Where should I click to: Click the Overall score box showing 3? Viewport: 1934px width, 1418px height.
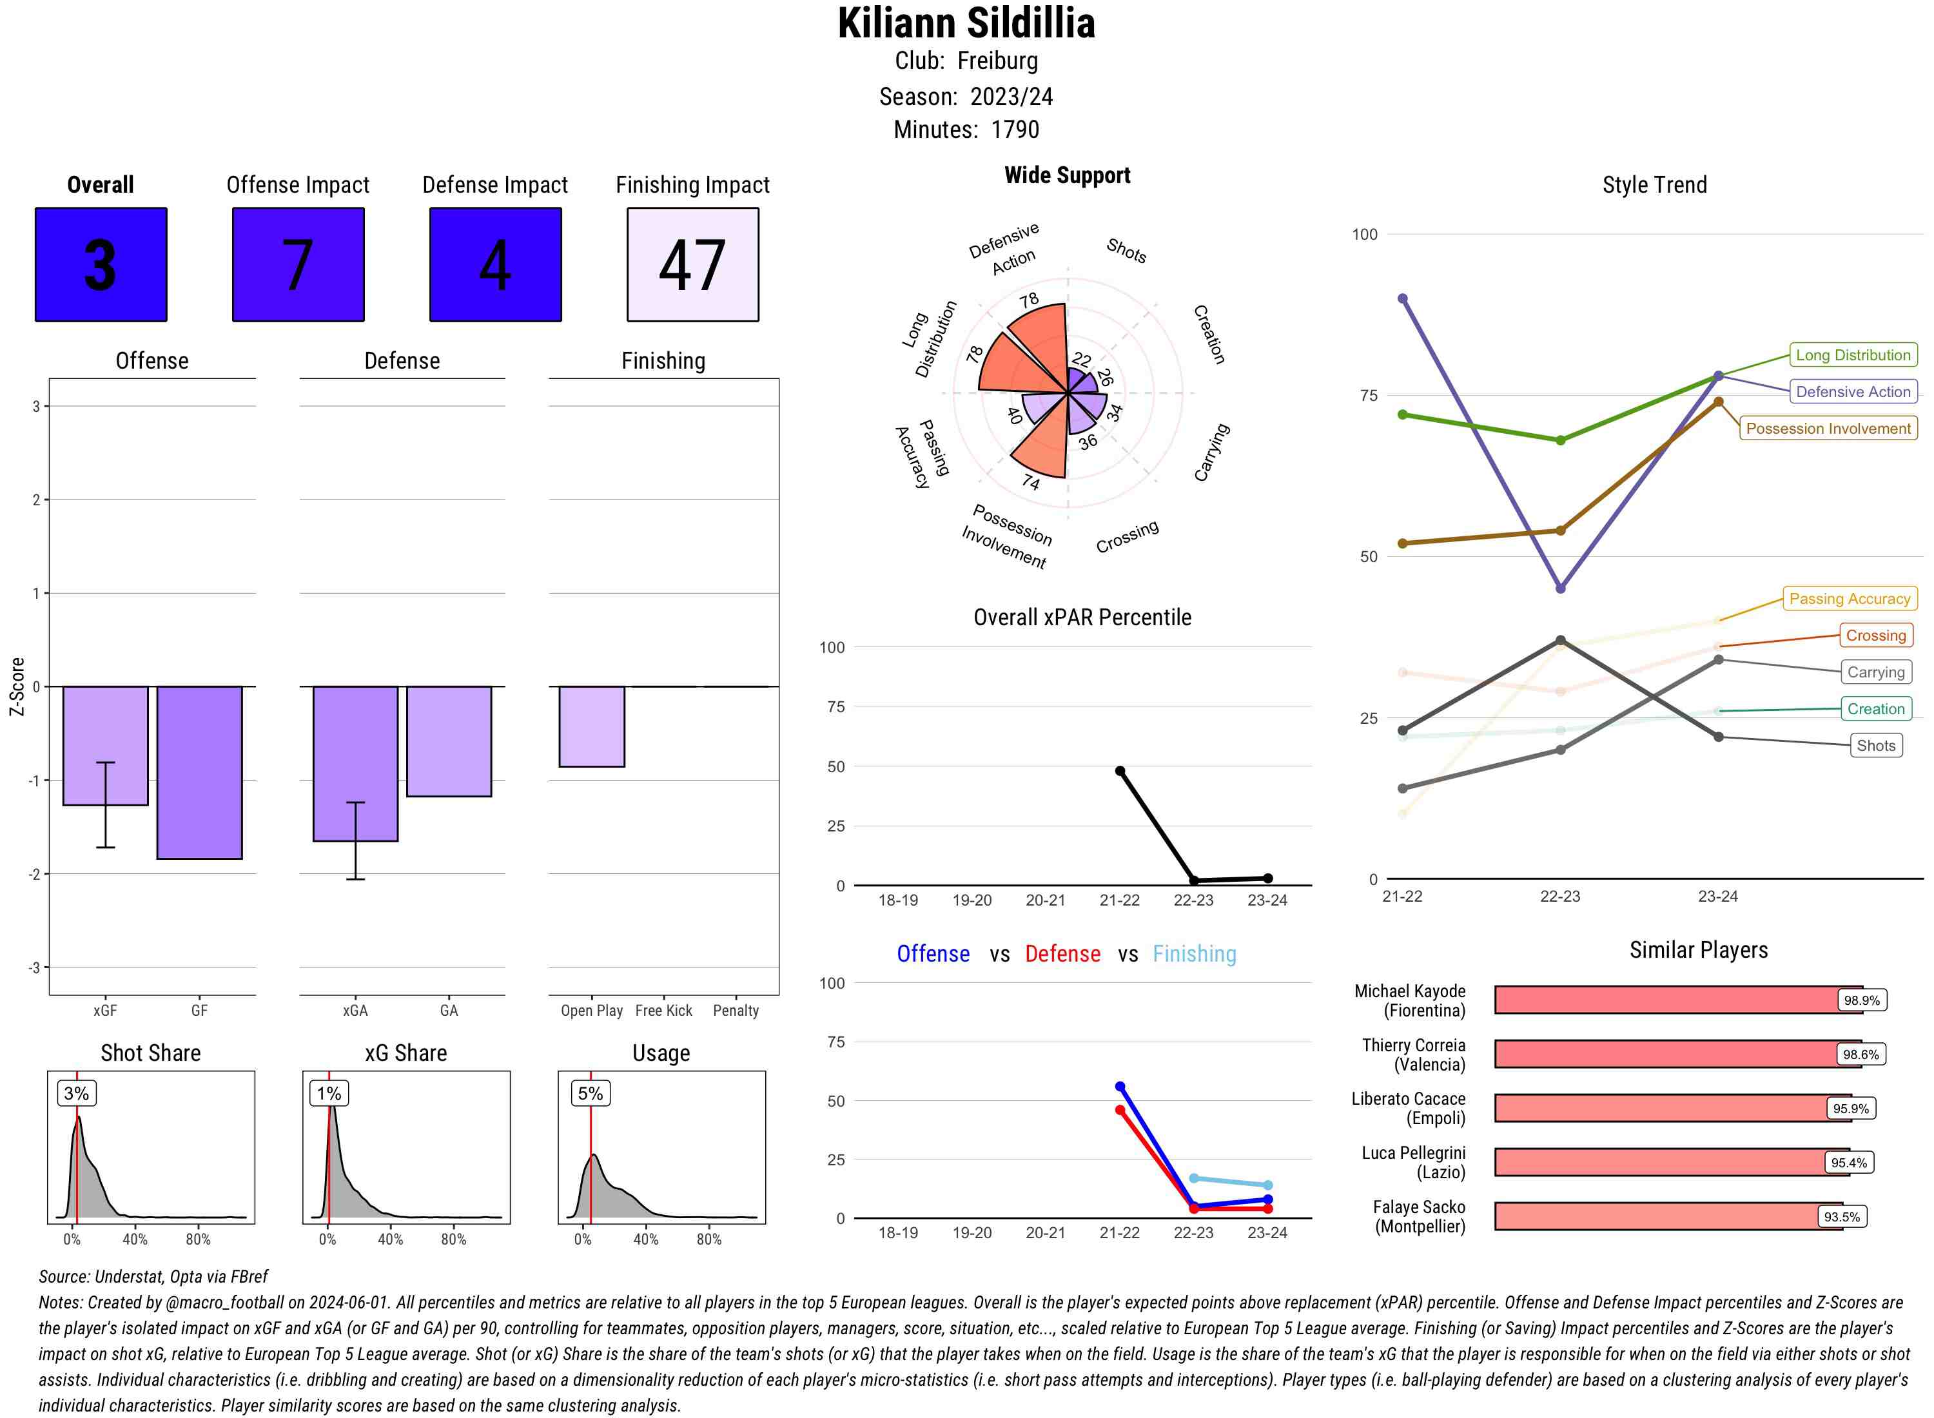point(101,264)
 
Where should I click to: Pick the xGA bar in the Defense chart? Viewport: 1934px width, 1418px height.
point(355,763)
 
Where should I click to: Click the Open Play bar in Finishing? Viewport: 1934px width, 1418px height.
point(591,726)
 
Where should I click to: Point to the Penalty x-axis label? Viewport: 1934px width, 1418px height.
point(736,1010)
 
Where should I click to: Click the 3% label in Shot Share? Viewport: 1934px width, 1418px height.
point(77,1093)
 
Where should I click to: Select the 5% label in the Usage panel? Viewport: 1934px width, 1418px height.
point(590,1093)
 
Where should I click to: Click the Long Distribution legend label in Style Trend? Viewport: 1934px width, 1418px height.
point(1853,354)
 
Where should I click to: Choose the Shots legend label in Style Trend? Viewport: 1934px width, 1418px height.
point(1875,745)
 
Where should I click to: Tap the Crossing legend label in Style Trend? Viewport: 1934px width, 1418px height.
point(1875,635)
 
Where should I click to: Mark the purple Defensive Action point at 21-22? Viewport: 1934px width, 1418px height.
point(1402,298)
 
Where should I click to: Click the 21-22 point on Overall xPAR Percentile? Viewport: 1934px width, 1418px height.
point(1119,771)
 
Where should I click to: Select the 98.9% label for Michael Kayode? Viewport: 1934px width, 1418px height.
point(1861,1000)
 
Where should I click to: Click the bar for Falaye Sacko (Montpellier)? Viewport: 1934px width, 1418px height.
point(1667,1216)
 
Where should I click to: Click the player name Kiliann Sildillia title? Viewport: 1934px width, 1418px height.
point(966,23)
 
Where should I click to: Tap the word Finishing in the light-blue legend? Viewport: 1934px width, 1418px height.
point(1194,954)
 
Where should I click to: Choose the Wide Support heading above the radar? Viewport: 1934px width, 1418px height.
point(1066,175)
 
